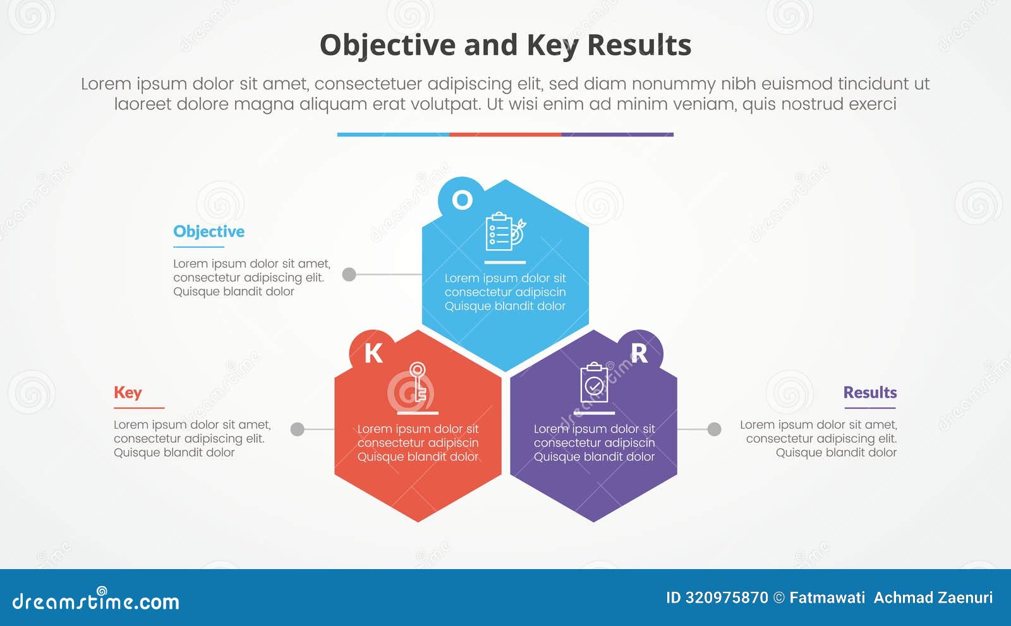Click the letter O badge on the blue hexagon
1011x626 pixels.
[462, 200]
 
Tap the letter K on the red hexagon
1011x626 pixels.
[373, 353]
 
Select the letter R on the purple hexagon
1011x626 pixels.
[639, 353]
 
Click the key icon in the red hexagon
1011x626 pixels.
[417, 382]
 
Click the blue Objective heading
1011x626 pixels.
[209, 231]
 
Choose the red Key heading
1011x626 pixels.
[128, 393]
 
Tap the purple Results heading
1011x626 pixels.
[869, 393]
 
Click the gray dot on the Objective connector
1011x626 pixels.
[349, 274]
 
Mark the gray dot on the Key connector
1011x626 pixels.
[297, 429]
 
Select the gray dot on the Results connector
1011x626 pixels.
[714, 429]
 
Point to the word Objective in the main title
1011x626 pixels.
[387, 46]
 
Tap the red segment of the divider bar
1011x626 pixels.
[505, 135]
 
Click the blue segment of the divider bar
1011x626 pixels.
[393, 135]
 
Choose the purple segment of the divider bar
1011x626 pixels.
[617, 135]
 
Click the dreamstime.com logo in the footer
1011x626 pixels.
[96, 601]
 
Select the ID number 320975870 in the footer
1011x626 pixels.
[727, 598]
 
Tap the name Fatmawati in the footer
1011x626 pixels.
[827, 598]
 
